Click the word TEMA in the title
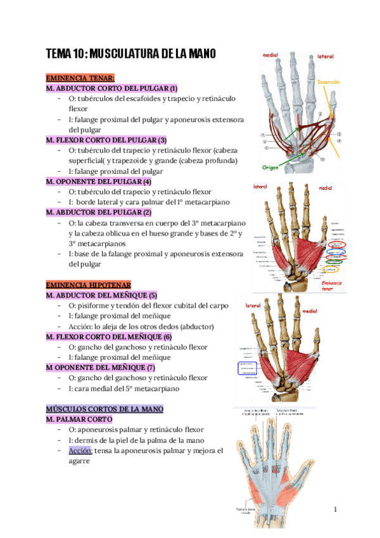pyautogui.click(x=59, y=55)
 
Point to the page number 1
pyautogui.click(x=336, y=510)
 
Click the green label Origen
pyautogui.click(x=270, y=167)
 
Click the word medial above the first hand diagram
pyautogui.click(x=270, y=55)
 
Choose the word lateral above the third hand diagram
pyautogui.click(x=254, y=306)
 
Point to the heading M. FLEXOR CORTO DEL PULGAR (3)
pyautogui.click(x=106, y=140)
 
